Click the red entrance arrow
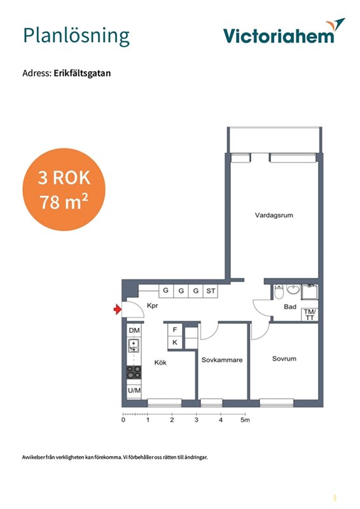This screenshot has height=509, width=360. (117, 309)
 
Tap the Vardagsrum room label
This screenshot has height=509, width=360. (274, 215)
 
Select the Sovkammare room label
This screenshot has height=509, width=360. (222, 359)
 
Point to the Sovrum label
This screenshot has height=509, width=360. (284, 358)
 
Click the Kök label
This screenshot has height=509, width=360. (160, 362)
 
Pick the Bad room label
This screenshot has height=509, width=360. (290, 307)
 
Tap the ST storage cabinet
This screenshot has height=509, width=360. (211, 291)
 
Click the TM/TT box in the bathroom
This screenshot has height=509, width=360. (310, 314)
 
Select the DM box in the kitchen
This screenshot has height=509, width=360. (134, 330)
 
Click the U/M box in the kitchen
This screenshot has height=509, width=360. (134, 391)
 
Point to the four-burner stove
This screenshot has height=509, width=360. (134, 372)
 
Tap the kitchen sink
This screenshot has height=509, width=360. (134, 345)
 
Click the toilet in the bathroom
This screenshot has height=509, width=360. (279, 292)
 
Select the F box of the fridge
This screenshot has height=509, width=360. (175, 330)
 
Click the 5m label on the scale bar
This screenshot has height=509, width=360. (245, 420)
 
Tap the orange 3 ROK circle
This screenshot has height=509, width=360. (64, 190)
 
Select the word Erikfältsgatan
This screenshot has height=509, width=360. (82, 73)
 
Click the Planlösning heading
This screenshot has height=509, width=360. (76, 36)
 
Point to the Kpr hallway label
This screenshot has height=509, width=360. (152, 306)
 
